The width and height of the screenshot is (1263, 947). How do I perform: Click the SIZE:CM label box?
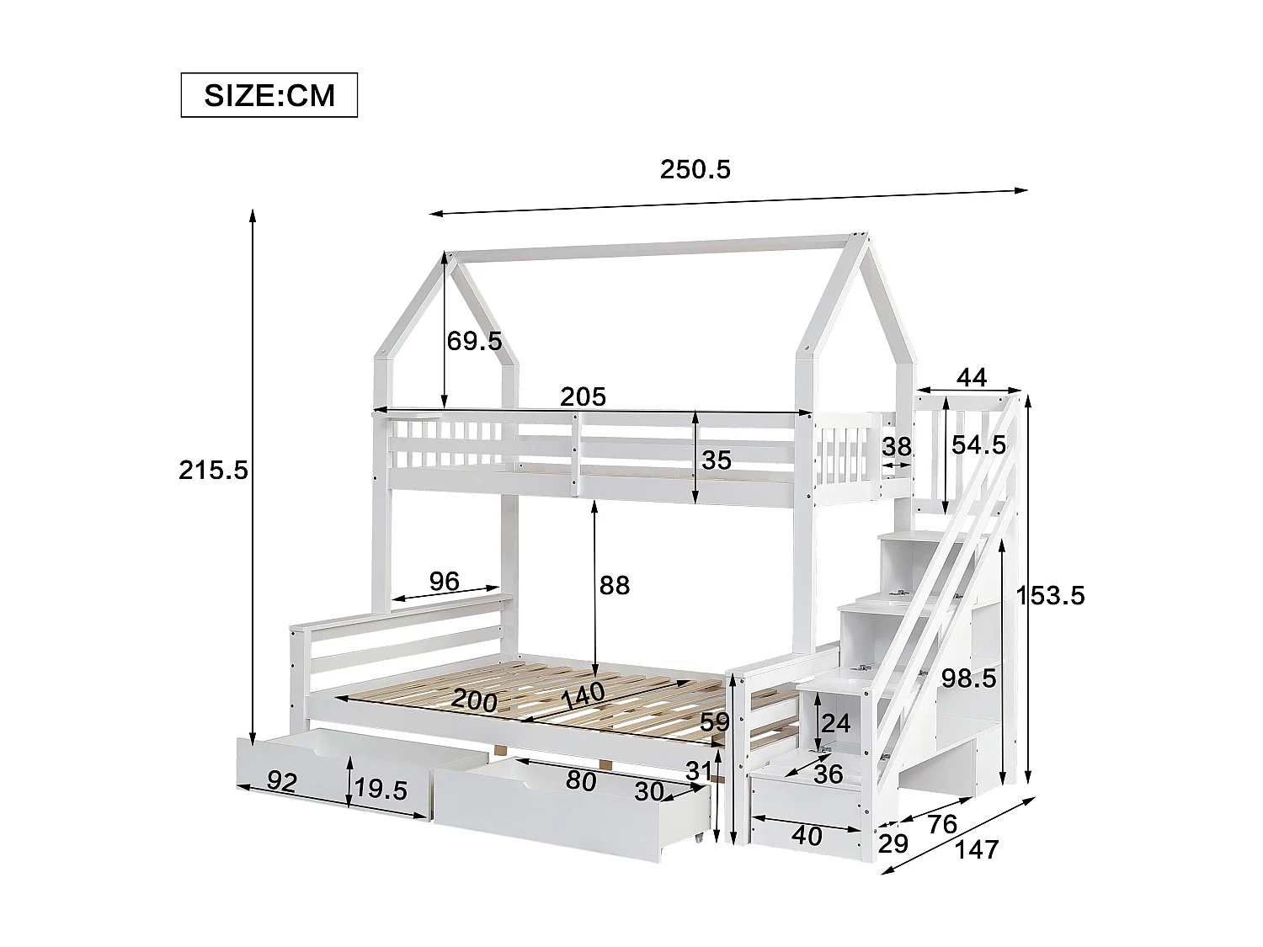click(x=269, y=95)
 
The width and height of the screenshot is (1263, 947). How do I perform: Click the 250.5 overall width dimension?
click(x=695, y=169)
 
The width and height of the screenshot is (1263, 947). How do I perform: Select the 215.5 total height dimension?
click(x=213, y=470)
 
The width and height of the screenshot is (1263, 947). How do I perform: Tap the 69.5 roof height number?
click(x=474, y=341)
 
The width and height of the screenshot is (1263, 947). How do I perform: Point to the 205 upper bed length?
click(x=583, y=396)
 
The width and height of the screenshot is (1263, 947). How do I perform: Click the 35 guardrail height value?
click(x=717, y=460)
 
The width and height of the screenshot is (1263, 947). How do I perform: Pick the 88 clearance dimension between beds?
click(x=615, y=585)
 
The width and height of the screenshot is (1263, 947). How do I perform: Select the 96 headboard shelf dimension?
click(x=444, y=581)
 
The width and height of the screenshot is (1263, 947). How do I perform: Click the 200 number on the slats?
click(x=474, y=700)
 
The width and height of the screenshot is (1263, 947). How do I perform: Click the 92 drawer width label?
click(x=282, y=782)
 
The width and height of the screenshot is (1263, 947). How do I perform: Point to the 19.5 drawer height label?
click(x=381, y=790)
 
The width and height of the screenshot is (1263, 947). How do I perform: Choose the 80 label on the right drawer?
click(x=581, y=781)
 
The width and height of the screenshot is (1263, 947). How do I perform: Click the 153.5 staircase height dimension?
click(x=1051, y=595)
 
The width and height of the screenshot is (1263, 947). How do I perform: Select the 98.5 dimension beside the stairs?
click(x=968, y=678)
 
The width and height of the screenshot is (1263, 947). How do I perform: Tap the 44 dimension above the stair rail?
click(x=972, y=378)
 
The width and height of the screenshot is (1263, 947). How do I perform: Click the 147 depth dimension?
click(x=978, y=850)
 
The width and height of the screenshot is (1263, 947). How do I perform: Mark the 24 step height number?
click(x=836, y=723)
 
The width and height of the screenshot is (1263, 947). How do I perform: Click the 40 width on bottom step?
click(x=807, y=836)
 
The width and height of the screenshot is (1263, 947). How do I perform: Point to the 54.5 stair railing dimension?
click(x=978, y=445)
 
